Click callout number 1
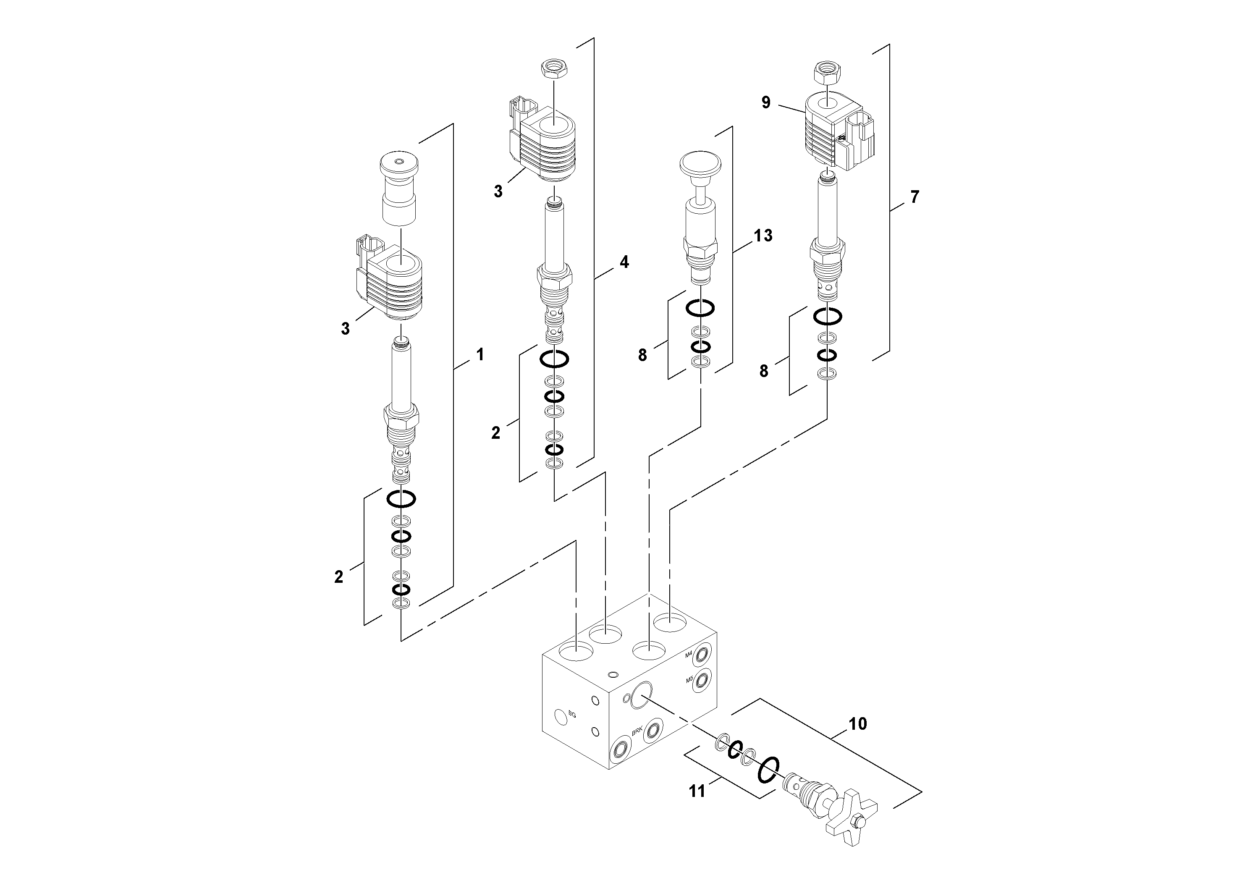point(480,355)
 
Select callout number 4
point(624,262)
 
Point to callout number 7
point(914,197)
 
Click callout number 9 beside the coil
point(766,102)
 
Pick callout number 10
point(857,724)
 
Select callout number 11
point(697,791)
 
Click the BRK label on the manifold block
point(637,732)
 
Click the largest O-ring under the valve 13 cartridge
point(700,308)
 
